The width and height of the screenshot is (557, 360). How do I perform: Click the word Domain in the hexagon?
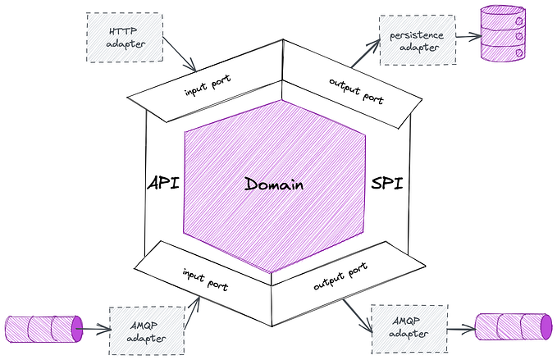274,184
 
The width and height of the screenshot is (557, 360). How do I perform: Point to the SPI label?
385,182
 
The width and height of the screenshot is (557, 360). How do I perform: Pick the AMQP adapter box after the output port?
409,328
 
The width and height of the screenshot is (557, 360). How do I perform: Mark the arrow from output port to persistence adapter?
366,53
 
